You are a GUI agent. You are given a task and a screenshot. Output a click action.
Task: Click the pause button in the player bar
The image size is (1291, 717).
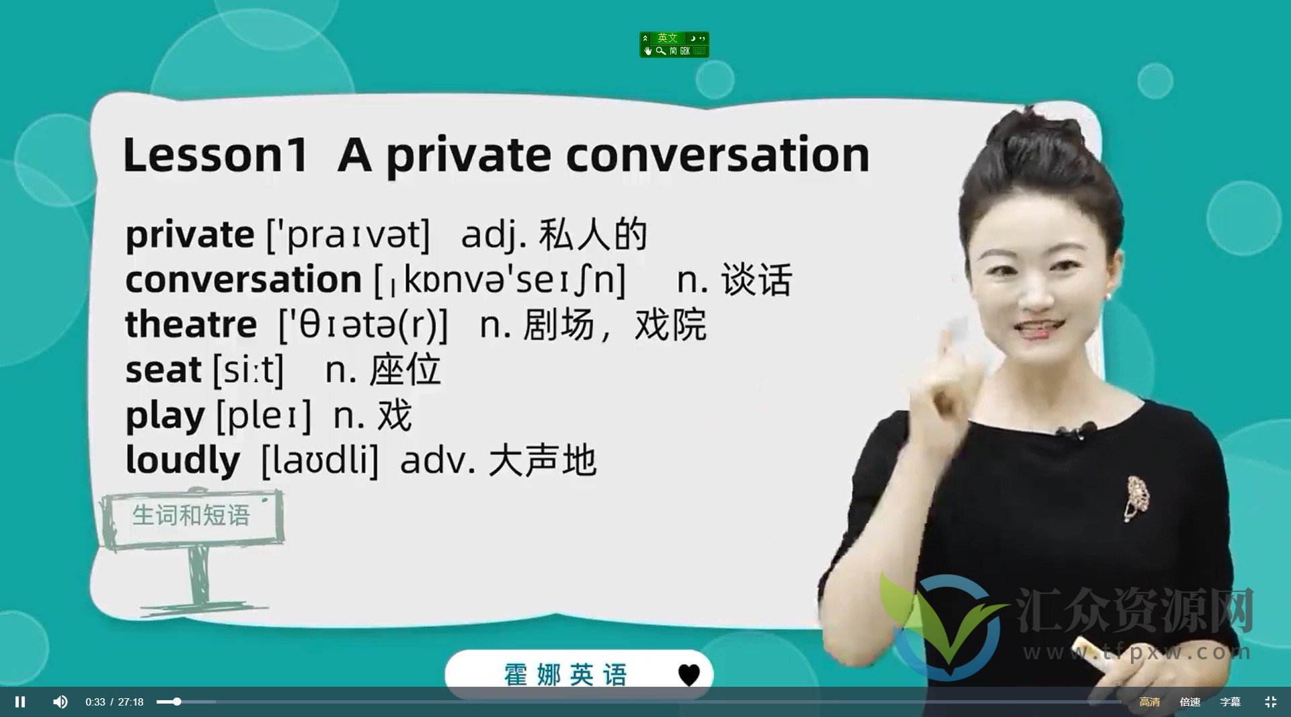click(20, 702)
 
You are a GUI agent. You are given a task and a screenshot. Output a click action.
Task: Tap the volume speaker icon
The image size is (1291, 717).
click(61, 702)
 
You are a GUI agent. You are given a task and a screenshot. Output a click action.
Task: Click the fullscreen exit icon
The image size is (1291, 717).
click(1270, 702)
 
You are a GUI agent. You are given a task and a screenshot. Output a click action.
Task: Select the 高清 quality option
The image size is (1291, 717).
click(1149, 702)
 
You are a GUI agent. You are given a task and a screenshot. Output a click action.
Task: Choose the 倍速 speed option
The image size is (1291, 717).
click(1190, 702)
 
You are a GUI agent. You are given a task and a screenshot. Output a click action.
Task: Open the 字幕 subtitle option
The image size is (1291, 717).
click(1230, 702)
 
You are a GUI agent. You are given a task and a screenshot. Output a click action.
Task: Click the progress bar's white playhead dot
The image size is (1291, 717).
click(177, 702)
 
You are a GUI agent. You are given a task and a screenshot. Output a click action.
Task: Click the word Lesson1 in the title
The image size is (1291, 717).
click(215, 155)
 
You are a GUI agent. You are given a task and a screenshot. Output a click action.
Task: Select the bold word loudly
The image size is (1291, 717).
click(183, 460)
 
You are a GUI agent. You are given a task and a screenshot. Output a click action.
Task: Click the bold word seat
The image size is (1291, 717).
click(163, 370)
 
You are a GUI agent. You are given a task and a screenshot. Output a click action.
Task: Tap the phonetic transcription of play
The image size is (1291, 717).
click(264, 416)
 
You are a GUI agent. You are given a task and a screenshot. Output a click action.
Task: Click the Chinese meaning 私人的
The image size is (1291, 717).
click(593, 235)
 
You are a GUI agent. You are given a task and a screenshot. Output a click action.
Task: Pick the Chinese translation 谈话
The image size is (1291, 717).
click(757, 280)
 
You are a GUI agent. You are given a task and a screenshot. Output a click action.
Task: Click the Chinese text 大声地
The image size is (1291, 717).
click(543, 461)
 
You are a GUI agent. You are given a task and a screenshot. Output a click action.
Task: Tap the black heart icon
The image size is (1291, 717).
click(689, 675)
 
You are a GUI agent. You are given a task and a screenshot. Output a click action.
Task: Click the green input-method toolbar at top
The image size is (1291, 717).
click(674, 44)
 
